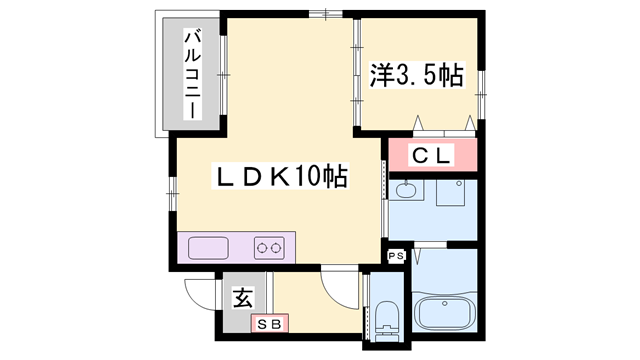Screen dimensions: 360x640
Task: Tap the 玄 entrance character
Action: [242, 298]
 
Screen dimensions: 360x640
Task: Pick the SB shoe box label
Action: [270, 322]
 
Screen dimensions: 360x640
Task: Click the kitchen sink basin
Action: [208, 247]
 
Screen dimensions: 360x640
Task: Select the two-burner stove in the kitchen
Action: [271, 247]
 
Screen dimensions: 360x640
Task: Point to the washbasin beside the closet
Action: [406, 189]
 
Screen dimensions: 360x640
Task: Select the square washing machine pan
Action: [452, 192]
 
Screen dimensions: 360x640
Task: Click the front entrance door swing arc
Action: [201, 292]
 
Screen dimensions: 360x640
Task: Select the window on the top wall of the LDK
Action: [324, 13]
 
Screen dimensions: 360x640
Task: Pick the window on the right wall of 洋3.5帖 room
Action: [482, 96]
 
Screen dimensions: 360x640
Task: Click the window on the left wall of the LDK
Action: [173, 191]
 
